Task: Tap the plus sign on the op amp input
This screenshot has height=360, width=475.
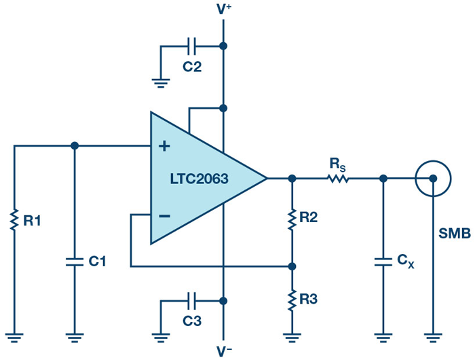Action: (164, 146)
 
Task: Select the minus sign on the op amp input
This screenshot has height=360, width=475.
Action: (164, 215)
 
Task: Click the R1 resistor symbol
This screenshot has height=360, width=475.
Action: (14, 220)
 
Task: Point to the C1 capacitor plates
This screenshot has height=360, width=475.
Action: (74, 260)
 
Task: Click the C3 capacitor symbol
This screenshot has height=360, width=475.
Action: (192, 300)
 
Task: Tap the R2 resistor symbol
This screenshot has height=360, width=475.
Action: (292, 218)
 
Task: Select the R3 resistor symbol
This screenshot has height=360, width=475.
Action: (292, 299)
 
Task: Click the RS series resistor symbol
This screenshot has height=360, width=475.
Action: (337, 179)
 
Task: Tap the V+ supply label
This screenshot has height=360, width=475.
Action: (223, 9)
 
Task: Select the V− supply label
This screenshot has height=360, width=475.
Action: (223, 351)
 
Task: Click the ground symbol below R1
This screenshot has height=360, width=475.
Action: (14, 335)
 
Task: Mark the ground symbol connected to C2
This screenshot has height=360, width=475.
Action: (160, 84)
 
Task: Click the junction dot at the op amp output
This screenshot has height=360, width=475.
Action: (292, 179)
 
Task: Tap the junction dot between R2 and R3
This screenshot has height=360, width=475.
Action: (292, 266)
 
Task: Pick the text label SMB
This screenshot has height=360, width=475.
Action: (454, 234)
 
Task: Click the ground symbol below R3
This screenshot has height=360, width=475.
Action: (292, 335)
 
